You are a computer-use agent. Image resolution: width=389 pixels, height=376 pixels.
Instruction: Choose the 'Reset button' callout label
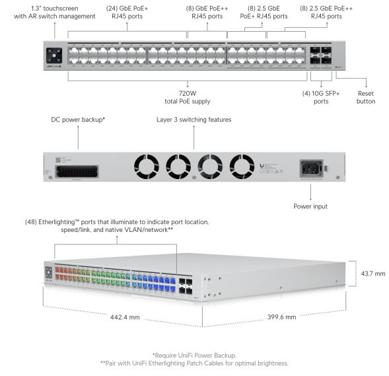(x=366, y=97)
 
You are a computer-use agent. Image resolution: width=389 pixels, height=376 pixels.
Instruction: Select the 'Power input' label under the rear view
(x=311, y=206)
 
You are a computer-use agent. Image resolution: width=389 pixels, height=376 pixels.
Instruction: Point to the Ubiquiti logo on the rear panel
(x=265, y=160)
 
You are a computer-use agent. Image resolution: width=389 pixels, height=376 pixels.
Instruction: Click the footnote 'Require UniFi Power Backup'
(x=194, y=355)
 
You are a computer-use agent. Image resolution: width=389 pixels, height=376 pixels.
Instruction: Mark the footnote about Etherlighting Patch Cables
(x=194, y=363)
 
